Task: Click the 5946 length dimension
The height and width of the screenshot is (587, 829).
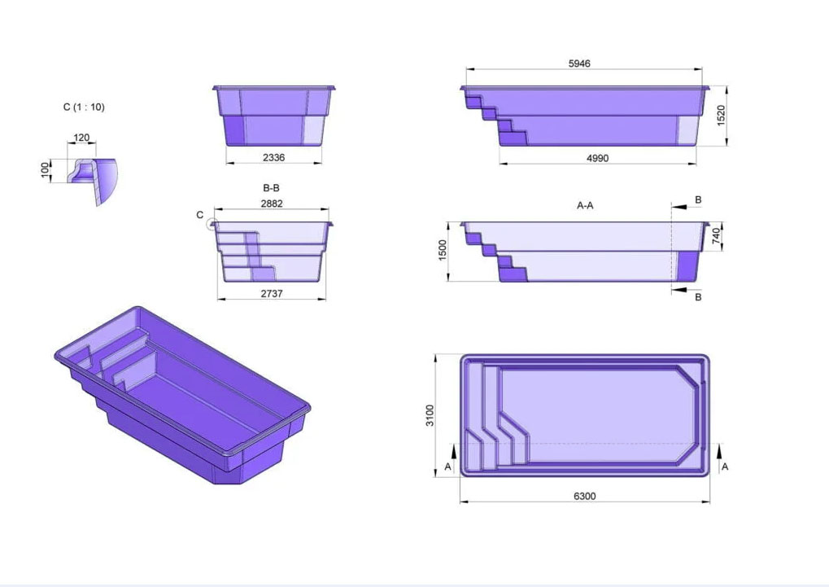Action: coord(579,64)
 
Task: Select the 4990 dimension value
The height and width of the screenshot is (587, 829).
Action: coord(597,158)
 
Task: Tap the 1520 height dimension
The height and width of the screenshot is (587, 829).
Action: coord(721,116)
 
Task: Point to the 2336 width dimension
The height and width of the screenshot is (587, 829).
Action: coord(273,157)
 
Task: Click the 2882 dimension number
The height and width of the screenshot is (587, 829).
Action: coord(272,204)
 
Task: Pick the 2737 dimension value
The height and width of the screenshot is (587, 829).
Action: coord(271,293)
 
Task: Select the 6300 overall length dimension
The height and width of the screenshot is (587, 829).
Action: coord(584,496)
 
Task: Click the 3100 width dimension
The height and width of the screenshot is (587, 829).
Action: coord(430,415)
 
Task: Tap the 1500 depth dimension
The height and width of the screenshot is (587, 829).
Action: coord(443,250)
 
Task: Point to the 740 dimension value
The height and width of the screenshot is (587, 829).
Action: coord(716,235)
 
